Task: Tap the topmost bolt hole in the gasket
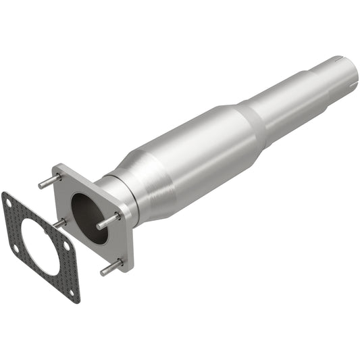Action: pyautogui.click(x=9, y=203)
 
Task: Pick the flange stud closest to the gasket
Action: pyautogui.click(x=59, y=224)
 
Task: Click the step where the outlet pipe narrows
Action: pyautogui.click(x=324, y=76)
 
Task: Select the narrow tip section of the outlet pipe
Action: pyautogui.click(x=338, y=68)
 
